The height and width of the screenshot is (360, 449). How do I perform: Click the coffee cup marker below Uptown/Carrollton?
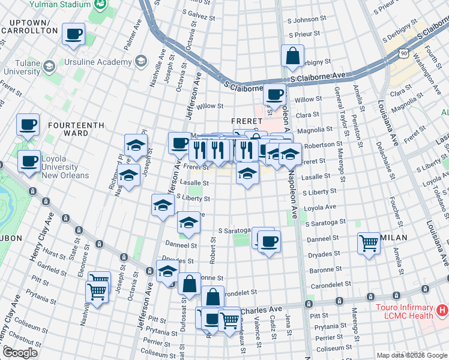74,34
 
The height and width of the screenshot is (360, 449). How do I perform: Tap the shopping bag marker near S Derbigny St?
292,56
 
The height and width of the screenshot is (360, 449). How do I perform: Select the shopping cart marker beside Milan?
369,244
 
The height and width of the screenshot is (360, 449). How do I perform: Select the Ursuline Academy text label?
107,61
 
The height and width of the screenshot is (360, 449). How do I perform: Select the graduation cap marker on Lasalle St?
247,175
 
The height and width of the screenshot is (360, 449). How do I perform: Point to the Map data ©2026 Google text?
411,355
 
